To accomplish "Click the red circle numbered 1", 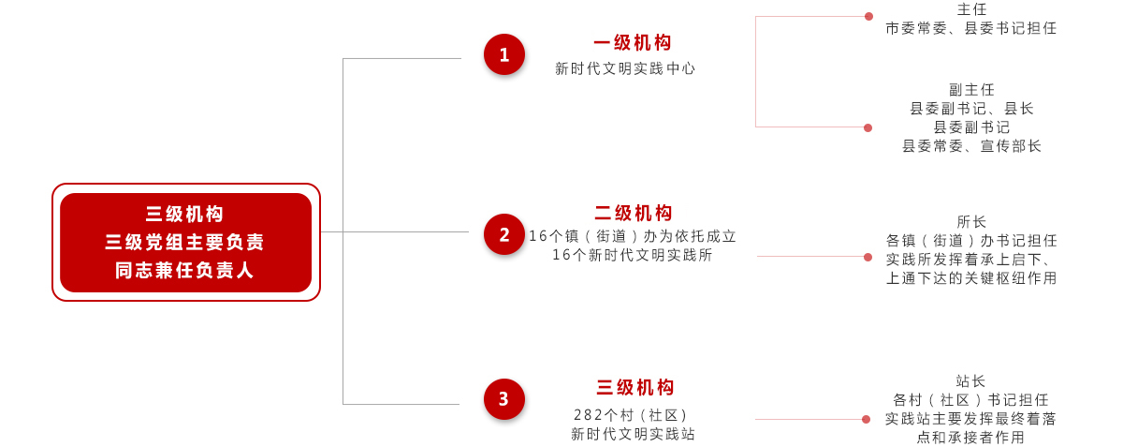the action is coord(504,54).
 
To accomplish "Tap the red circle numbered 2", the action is coord(504,234).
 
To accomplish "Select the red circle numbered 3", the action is coord(504,399).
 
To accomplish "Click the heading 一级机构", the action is coord(633,43).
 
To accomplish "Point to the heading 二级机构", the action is coord(634,213).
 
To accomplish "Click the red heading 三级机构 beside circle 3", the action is coord(635,387).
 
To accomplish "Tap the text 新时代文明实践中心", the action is coord(625,68).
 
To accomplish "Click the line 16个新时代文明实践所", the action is coord(633,255).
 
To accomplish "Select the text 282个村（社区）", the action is coord(631,415).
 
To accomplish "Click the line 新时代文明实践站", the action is coord(634,434).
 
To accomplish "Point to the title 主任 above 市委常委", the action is coord(971,9).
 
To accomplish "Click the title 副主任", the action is coord(971,90).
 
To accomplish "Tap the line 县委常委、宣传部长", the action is coord(971,146).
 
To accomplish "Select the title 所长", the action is coord(971,221).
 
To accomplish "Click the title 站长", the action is coord(970,381).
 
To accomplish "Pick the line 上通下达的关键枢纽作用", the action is coord(971,278).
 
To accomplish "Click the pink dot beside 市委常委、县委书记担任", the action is coord(868,17).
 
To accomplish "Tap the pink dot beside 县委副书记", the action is coord(868,127).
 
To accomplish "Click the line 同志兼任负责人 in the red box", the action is coord(184,271).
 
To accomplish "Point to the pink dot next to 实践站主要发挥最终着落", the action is coord(866,420).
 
